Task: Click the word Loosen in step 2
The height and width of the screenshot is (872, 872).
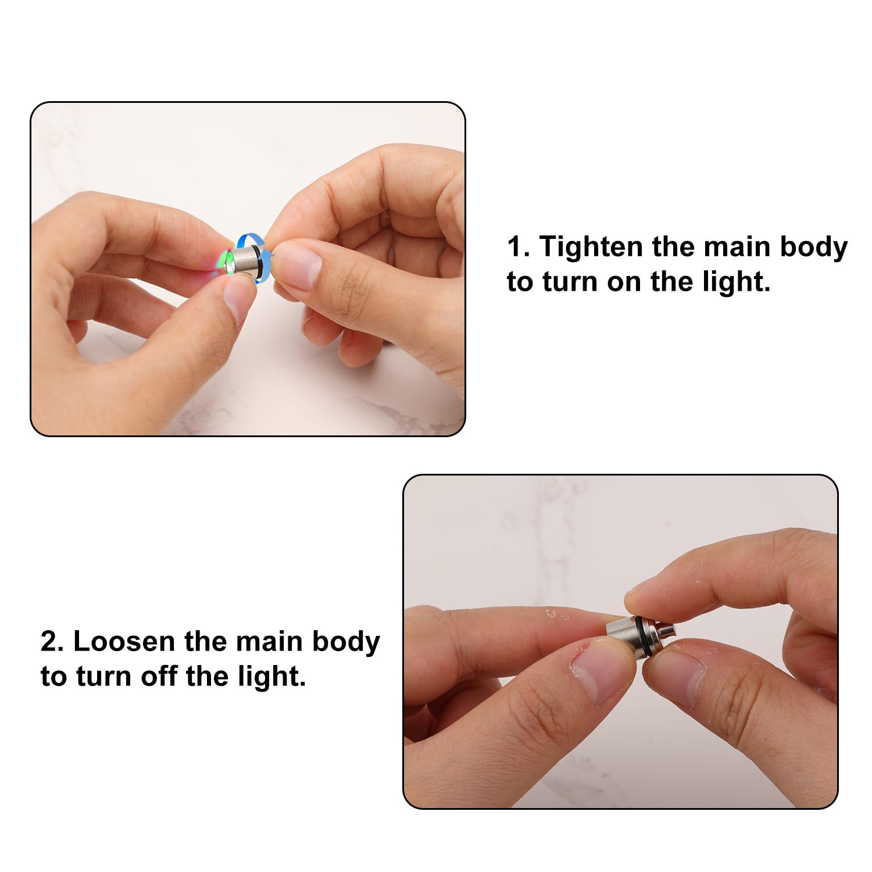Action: point(123,642)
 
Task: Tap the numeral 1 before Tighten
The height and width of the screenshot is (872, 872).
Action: point(515,246)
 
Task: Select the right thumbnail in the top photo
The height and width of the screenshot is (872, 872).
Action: point(298,265)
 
